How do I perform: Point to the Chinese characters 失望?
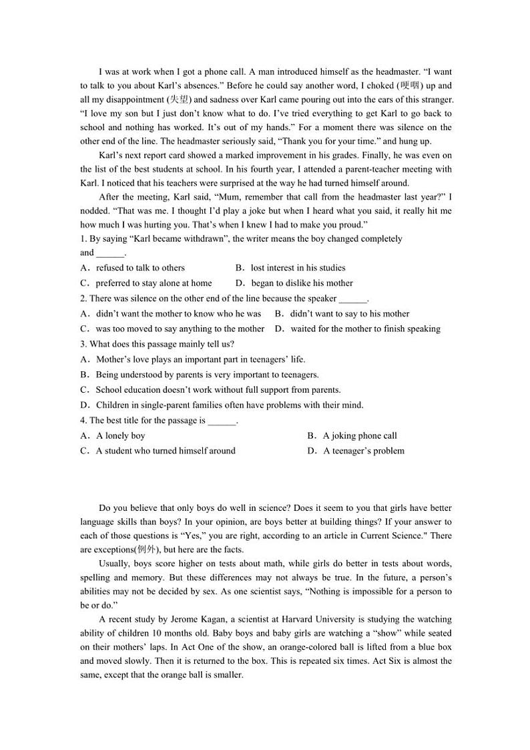pyautogui.click(x=180, y=100)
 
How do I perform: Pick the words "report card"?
pyautogui.click(x=154, y=155)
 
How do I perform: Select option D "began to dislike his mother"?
pyautogui.click(x=302, y=283)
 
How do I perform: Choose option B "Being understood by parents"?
pyautogui.click(x=207, y=375)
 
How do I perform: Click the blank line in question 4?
pyautogui.click(x=222, y=421)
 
